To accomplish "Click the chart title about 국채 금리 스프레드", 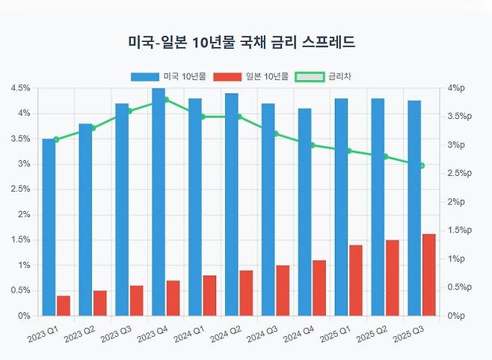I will [241, 43].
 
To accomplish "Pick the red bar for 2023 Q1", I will [64, 305].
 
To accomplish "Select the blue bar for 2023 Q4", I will [159, 202].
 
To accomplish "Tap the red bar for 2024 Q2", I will [246, 293].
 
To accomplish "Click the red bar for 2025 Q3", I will [428, 275].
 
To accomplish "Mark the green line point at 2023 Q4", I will [166, 100].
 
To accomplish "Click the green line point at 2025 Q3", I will [422, 166].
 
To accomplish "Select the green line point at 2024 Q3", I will [276, 134].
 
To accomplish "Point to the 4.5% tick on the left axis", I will [20, 88].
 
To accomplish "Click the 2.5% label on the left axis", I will [20, 189].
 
